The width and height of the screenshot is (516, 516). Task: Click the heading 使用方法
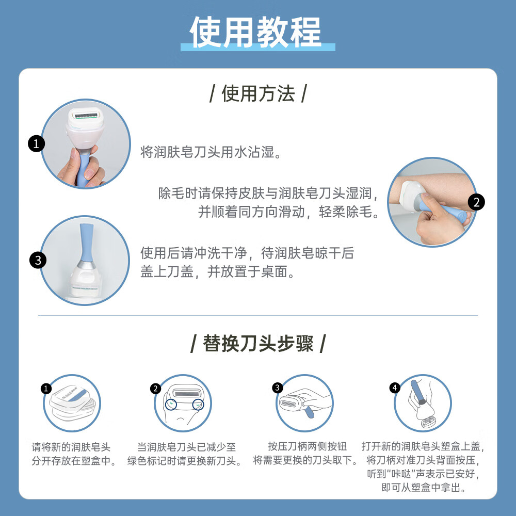[258, 94]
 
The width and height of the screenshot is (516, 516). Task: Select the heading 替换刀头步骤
[258, 343]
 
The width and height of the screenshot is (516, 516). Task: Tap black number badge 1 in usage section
[36, 144]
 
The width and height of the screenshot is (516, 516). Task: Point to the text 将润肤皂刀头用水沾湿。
[212, 152]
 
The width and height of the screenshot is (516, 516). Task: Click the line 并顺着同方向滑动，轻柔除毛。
[288, 212]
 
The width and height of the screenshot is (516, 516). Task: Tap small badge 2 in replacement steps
[156, 389]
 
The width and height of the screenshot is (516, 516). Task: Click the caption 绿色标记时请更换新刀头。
[185, 460]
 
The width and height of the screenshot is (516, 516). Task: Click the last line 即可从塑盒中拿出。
[424, 487]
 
